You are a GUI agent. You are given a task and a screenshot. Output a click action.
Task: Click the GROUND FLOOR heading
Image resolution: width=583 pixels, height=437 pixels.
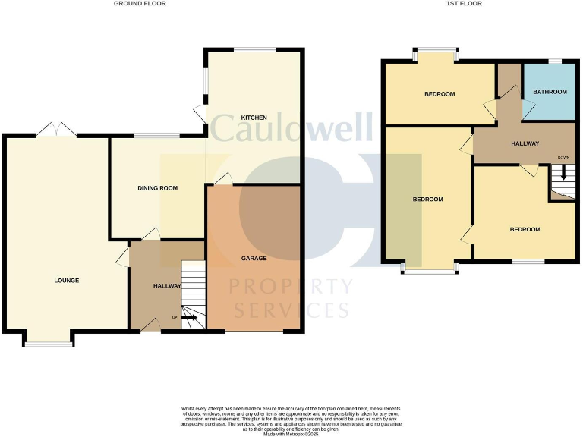(140, 4)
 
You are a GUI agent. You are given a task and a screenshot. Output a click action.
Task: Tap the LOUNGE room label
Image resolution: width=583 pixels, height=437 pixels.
(67, 281)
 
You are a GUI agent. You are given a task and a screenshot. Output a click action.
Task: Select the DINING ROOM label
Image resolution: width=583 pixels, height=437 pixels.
(157, 187)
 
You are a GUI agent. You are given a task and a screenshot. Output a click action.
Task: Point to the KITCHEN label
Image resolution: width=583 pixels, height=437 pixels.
(254, 118)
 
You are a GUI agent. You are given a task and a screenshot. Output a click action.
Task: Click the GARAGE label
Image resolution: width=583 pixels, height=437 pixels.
(254, 259)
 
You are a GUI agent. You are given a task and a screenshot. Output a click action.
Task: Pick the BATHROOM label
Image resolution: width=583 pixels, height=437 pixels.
(550, 92)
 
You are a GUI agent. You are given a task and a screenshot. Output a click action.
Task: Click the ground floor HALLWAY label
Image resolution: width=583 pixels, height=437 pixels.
(167, 286)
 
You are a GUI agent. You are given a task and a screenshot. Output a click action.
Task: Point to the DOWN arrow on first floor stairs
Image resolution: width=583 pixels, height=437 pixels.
(563, 171)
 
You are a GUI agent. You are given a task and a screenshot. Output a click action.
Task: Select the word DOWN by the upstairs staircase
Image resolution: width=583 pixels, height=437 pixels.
(563, 158)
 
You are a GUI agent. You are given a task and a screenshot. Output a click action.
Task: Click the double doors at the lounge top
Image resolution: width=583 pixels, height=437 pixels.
(55, 130)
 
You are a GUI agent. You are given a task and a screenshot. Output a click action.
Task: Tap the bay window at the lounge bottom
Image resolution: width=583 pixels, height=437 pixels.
(49, 343)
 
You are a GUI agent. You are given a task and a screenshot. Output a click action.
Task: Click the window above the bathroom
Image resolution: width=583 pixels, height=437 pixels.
(556, 61)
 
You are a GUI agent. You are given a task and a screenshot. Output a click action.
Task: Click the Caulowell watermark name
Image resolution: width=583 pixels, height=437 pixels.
(291, 127)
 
